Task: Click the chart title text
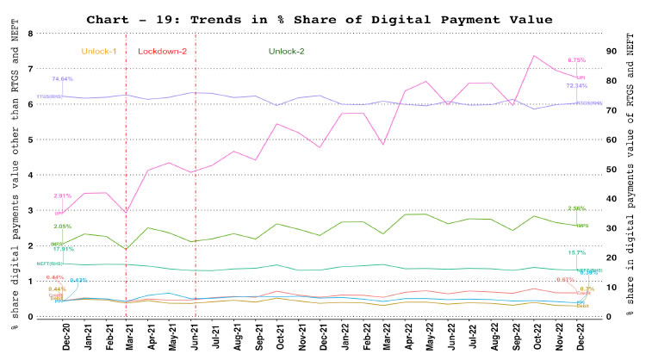click(323, 19)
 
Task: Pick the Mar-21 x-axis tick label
click(127, 338)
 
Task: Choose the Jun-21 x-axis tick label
click(196, 338)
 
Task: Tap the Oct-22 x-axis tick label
click(536, 338)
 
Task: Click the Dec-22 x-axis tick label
click(583, 338)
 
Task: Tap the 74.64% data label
click(62, 79)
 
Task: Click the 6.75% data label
click(577, 60)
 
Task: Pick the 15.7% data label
click(576, 252)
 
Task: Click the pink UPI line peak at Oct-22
click(536, 56)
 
